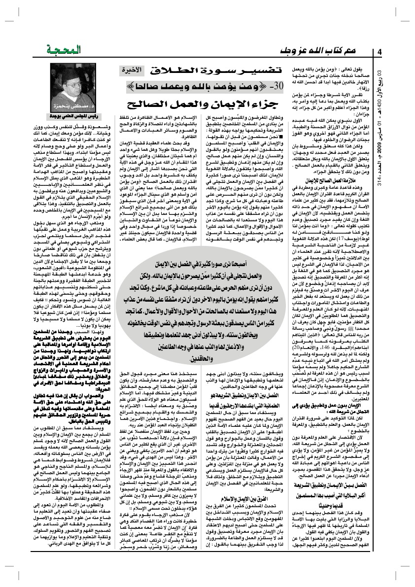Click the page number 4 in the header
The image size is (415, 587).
(x=380, y=52)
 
